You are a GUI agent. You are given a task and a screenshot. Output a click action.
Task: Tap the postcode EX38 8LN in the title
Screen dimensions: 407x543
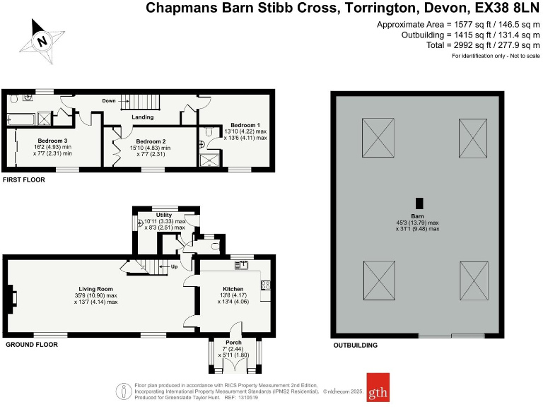click(x=506, y=9)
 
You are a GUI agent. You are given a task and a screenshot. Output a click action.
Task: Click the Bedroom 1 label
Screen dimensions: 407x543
click(x=244, y=125)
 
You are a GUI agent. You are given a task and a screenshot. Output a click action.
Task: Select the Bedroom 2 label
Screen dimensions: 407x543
click(x=150, y=141)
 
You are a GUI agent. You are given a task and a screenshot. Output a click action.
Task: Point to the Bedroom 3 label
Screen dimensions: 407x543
click(x=52, y=141)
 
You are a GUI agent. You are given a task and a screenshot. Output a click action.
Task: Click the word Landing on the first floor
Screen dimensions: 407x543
click(x=142, y=117)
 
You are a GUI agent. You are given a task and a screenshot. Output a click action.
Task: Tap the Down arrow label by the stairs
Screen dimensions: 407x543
click(x=108, y=101)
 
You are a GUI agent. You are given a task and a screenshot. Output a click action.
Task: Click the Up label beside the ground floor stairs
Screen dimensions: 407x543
click(x=174, y=267)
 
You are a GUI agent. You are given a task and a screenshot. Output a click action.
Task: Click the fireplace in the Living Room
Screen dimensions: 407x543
click(x=11, y=297)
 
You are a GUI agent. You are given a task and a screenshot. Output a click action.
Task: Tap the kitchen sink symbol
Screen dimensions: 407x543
click(x=241, y=265)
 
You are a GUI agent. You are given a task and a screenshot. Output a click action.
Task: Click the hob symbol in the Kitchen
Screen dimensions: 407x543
click(x=266, y=285)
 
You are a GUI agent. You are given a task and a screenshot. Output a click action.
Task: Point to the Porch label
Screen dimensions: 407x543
click(x=233, y=343)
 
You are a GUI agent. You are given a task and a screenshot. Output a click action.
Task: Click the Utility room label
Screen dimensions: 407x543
click(x=163, y=214)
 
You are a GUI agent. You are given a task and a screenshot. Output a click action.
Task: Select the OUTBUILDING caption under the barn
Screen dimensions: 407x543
click(x=355, y=346)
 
